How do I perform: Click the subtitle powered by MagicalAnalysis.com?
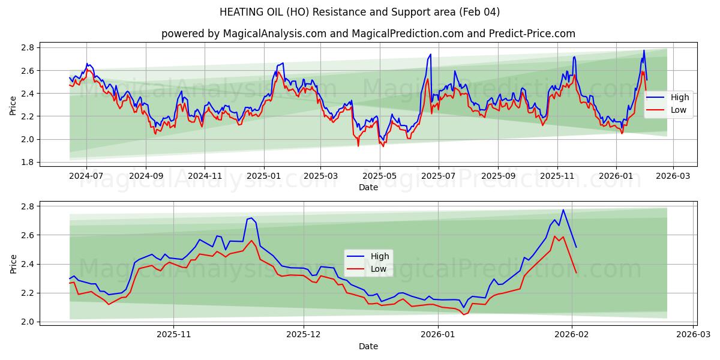pos(368,34)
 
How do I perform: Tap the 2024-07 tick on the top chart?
pos(86,176)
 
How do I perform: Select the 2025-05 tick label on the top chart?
pos(379,176)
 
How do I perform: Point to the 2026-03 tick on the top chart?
pos(673,176)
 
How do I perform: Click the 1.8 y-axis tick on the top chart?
pos(28,162)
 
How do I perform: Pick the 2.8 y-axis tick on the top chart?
pos(28,47)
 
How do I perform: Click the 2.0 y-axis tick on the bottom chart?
pos(28,322)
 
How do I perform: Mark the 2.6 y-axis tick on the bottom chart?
pos(28,235)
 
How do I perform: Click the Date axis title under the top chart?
pos(368,187)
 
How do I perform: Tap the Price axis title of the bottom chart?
pos(13,263)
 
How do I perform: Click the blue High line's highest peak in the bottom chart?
pos(563,210)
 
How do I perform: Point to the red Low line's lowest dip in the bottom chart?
pos(463,314)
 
